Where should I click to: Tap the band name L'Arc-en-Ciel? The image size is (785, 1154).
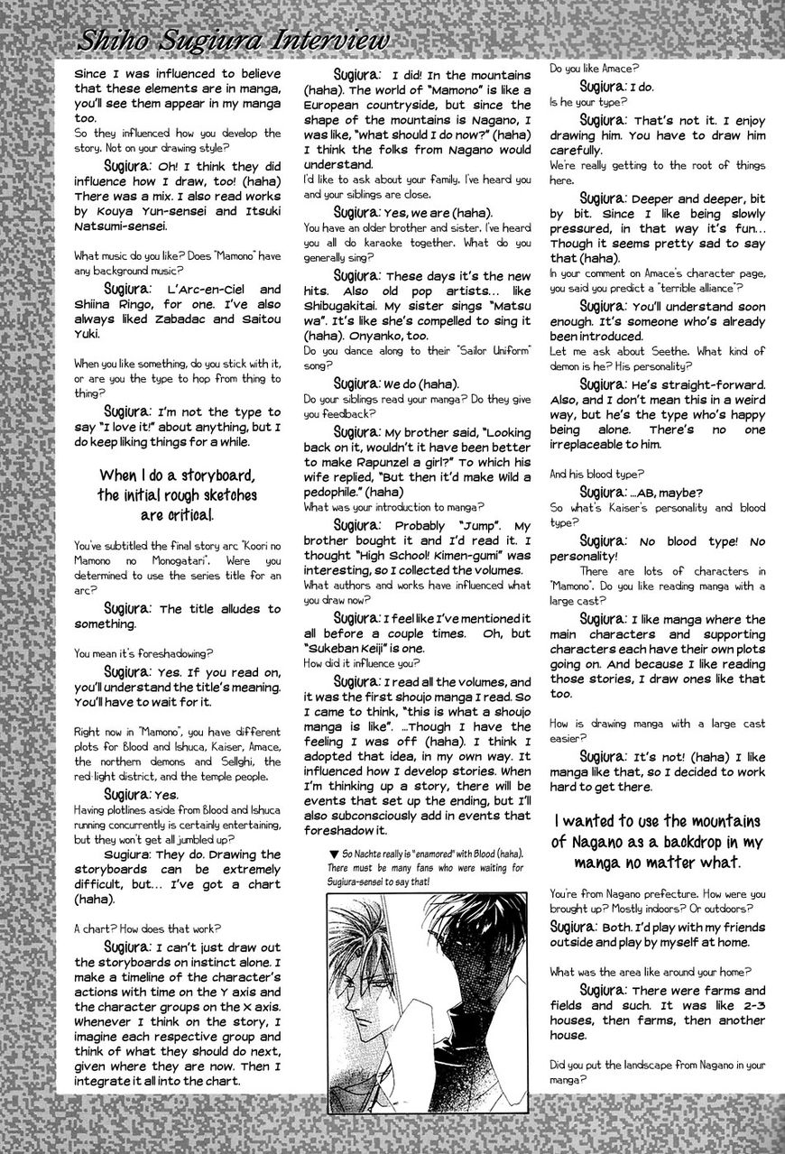coord(213,290)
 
